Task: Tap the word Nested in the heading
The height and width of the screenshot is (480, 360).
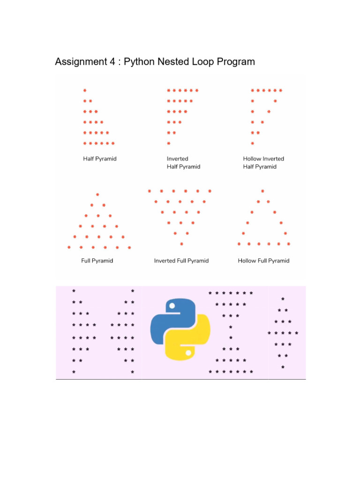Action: click(175, 61)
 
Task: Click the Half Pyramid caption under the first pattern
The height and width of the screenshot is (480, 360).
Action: click(100, 158)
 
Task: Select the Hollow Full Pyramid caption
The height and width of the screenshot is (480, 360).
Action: click(263, 261)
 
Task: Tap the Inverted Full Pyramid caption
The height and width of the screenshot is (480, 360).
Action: click(181, 261)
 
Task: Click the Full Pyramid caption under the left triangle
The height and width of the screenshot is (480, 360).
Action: click(97, 261)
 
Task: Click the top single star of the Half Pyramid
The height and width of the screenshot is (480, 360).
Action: click(85, 90)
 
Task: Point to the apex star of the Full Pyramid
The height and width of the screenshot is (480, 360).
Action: click(97, 195)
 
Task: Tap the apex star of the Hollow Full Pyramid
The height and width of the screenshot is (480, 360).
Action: click(262, 191)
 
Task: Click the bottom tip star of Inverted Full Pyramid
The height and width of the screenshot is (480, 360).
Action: click(181, 244)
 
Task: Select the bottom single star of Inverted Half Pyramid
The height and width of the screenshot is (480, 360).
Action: click(169, 143)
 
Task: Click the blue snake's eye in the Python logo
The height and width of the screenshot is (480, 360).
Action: click(172, 306)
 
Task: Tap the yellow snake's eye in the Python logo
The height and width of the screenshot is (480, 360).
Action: click(188, 352)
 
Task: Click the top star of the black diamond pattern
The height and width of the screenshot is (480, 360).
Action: click(283, 299)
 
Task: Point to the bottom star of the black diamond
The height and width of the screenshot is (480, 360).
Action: click(283, 367)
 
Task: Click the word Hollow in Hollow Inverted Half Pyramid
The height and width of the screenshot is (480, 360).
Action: click(252, 158)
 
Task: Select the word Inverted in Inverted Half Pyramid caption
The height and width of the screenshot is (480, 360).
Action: click(178, 158)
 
